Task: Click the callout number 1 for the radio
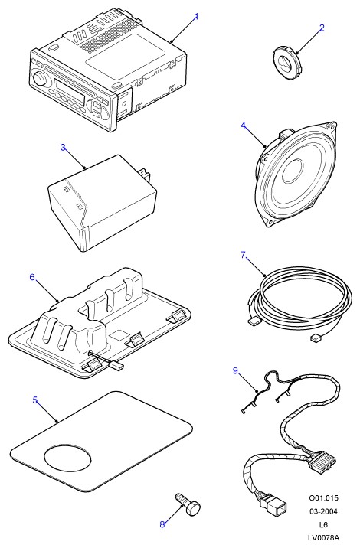point(196,16)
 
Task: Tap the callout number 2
point(322,28)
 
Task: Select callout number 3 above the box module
point(63,148)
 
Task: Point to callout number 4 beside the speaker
point(243,126)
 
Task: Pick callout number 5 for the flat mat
point(35,400)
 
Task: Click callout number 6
point(32,277)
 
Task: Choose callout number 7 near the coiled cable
point(243,255)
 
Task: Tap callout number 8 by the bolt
point(162,524)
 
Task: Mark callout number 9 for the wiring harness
point(235,370)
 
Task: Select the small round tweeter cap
point(286,64)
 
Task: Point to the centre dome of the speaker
point(293,171)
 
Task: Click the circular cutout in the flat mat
point(67,458)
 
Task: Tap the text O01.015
point(323,497)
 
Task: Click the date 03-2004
point(323,511)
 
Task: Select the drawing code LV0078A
point(323,538)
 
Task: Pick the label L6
point(323,524)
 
